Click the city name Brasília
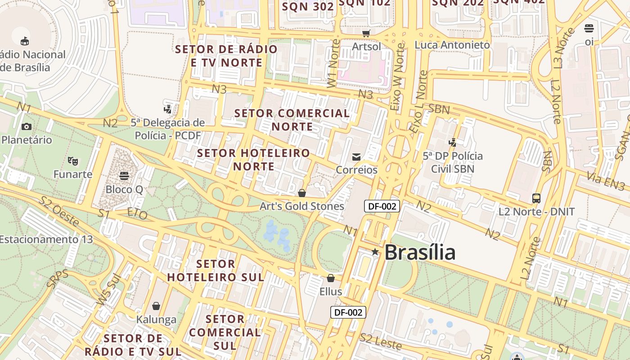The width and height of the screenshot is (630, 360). (x=419, y=252)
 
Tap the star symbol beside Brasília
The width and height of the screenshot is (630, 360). (x=375, y=252)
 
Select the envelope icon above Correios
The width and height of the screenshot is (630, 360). (x=356, y=157)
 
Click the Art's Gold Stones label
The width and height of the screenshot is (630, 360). (x=302, y=206)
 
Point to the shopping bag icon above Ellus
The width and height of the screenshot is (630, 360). (x=331, y=278)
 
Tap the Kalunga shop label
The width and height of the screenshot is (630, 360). (x=156, y=319)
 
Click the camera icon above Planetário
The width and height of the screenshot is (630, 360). (x=27, y=126)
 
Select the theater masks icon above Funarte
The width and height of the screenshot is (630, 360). (x=73, y=161)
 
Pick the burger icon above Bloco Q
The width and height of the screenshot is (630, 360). (x=124, y=175)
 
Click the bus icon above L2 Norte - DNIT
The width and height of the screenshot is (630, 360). (x=536, y=198)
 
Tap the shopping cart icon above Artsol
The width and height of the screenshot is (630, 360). (x=366, y=33)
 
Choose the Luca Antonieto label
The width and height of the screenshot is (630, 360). (x=452, y=45)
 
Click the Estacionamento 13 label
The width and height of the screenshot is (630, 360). (x=46, y=239)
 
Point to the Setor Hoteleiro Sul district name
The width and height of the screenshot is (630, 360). (x=216, y=270)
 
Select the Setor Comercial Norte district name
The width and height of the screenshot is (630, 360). (x=292, y=120)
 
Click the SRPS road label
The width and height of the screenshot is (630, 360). (x=58, y=279)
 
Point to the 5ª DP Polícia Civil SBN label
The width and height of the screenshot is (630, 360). (x=453, y=162)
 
